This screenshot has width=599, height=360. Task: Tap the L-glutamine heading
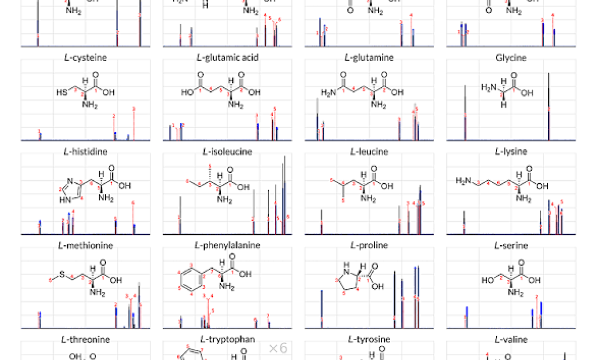point(369,58)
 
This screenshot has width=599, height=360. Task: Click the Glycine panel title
point(511,58)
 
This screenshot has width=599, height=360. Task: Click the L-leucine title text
point(369,152)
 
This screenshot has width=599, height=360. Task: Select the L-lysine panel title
point(511,152)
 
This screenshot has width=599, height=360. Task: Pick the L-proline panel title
point(369,246)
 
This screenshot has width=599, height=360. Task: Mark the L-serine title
point(511,246)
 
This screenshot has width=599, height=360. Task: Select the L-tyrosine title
point(369,340)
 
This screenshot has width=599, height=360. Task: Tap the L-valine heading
point(511,340)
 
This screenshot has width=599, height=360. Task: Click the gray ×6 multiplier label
point(278,348)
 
